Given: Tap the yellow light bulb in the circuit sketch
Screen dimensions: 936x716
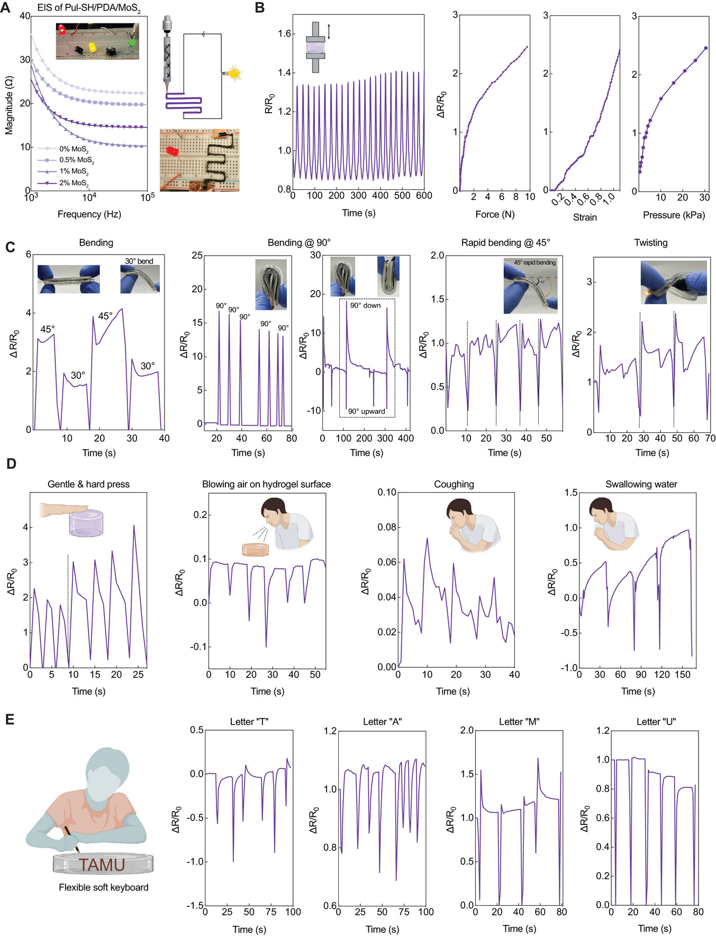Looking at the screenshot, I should tap(233, 73).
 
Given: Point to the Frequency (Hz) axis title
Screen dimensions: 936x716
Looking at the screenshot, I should tap(89, 214).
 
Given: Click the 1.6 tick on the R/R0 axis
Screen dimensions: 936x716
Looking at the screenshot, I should tap(285, 34).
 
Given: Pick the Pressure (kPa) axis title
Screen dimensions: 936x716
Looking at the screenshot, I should tap(673, 215).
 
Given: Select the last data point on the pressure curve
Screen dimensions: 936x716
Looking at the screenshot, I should tap(705, 48).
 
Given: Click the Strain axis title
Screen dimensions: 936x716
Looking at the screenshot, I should tap(584, 217).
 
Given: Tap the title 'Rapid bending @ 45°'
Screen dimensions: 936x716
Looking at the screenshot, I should tap(505, 243).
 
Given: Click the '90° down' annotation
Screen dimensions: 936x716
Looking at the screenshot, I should tap(365, 305).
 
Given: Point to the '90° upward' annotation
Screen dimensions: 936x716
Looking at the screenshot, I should tap(366, 411).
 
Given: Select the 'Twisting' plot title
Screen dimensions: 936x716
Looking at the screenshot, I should tap(650, 243).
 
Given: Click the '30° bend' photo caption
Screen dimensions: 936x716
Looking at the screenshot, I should tap(139, 261).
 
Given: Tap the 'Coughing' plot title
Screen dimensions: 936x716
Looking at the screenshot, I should tap(454, 484).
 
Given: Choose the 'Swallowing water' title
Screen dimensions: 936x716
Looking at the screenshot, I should tap(641, 484).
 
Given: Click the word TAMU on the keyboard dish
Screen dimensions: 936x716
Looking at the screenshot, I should tap(102, 865).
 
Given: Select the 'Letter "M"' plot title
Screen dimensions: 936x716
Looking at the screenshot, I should tap(519, 722).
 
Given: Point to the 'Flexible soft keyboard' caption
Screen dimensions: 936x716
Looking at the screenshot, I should tap(103, 887).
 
